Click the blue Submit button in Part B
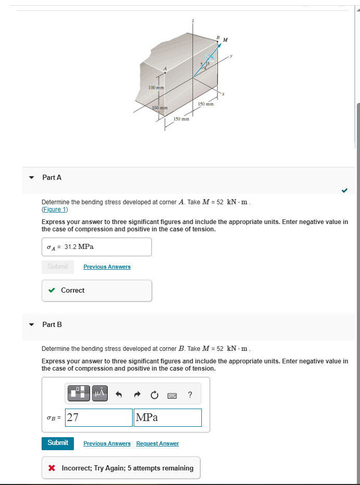(58, 443)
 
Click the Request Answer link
(157, 443)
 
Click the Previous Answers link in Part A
(107, 267)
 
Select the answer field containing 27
(99, 417)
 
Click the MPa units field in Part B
(168, 417)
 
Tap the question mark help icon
(190, 395)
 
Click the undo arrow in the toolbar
(119, 395)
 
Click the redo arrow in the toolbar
(136, 395)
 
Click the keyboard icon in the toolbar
(172, 396)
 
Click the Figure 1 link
(54, 209)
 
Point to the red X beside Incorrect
(52, 468)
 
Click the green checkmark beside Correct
(52, 291)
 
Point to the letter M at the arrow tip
(225, 40)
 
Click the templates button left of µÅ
(79, 394)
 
